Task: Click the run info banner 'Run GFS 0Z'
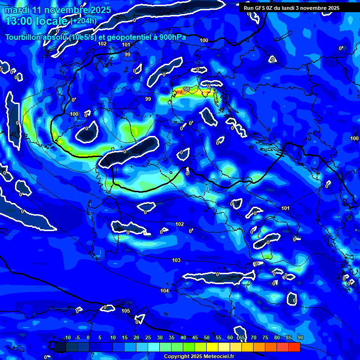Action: pos(292,8)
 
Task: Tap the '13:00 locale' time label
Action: pos(37,21)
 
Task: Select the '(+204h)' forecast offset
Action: pos(83,21)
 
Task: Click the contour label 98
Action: pos(187,89)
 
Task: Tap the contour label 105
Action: pos(126,311)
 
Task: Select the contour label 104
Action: pos(165,291)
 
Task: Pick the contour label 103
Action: pos(176,260)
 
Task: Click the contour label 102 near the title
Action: pos(102,44)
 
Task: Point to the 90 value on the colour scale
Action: pos(300,338)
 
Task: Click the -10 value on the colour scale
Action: pos(67,338)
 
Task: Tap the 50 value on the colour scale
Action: pos(207,338)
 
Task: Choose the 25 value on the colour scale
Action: pos(148,338)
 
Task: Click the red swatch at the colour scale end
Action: pos(294,347)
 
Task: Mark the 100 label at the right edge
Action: pos(354,138)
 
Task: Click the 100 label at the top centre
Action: pos(204,41)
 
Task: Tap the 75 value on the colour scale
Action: pos(265,338)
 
